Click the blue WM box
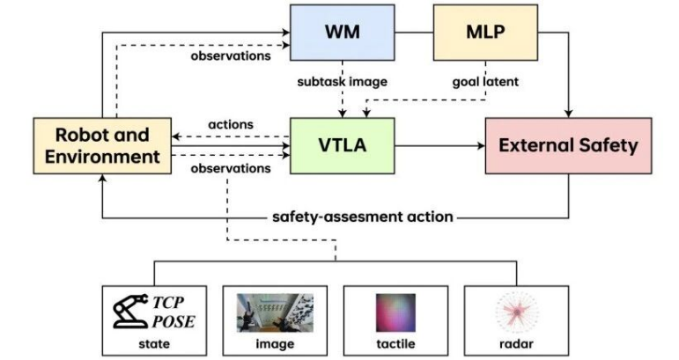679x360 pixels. click(342, 33)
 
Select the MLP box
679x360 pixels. click(485, 33)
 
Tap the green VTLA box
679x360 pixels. click(342, 146)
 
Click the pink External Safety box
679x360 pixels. click(568, 146)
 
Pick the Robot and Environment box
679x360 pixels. click(102, 146)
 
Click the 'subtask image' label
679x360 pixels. click(342, 82)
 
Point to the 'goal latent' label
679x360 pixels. click(485, 82)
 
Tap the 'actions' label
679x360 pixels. click(231, 125)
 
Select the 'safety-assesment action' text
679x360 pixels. click(363, 217)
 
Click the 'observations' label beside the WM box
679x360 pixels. click(231, 55)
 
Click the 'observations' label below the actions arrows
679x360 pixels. click(231, 168)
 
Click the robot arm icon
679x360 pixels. click(130, 311)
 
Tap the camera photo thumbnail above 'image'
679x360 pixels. click(275, 312)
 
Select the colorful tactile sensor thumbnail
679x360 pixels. click(395, 312)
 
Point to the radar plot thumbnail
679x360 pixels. click(517, 312)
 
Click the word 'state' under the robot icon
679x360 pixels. click(154, 344)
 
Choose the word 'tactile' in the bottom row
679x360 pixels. click(395, 344)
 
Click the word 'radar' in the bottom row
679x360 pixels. click(516, 344)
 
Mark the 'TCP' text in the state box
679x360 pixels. click(168, 302)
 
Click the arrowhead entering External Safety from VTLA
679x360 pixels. click(481, 146)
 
